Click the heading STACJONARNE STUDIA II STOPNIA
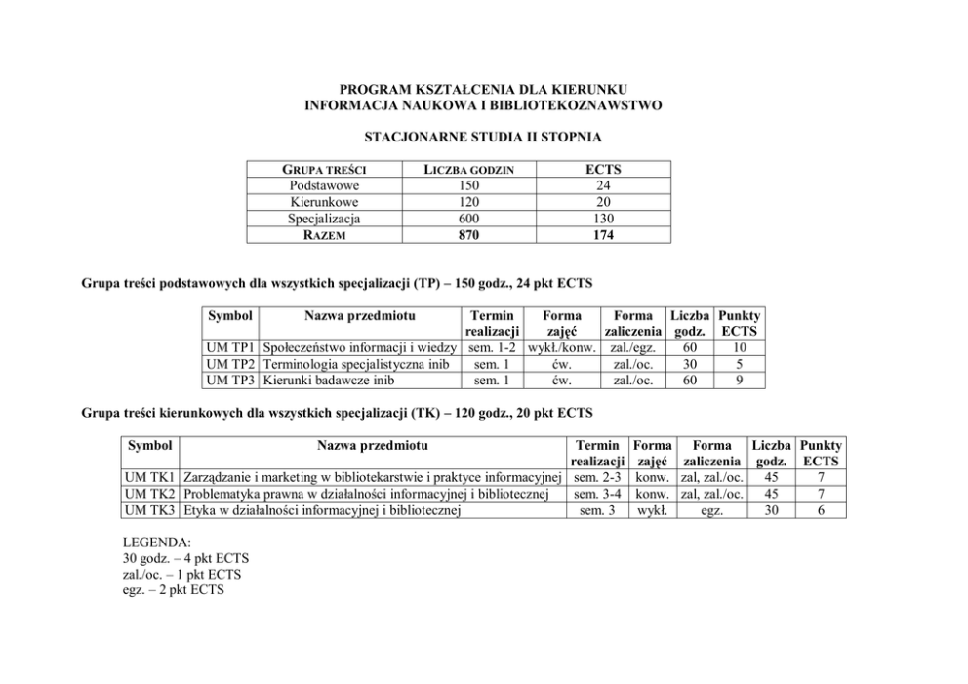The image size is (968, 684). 483,136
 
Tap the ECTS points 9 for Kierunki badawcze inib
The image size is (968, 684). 739,381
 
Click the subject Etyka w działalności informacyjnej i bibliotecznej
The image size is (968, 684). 322,510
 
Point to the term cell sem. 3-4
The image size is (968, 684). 597,494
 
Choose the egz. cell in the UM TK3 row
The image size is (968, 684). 711,510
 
